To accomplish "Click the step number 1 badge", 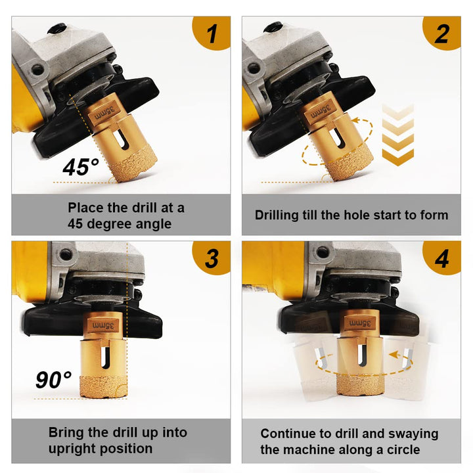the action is click(212, 33).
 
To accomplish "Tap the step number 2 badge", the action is click(442, 33).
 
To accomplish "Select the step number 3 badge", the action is click(212, 258).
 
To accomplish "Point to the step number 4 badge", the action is click(442, 258).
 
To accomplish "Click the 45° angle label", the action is click(81, 167).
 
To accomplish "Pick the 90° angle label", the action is click(53, 380).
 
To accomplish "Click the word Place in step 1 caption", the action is click(85, 208).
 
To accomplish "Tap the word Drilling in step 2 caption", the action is click(277, 215).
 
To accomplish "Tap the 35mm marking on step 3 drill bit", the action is click(103, 326).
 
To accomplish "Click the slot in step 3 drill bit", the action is click(104, 357).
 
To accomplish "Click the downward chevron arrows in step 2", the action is click(397, 135).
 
